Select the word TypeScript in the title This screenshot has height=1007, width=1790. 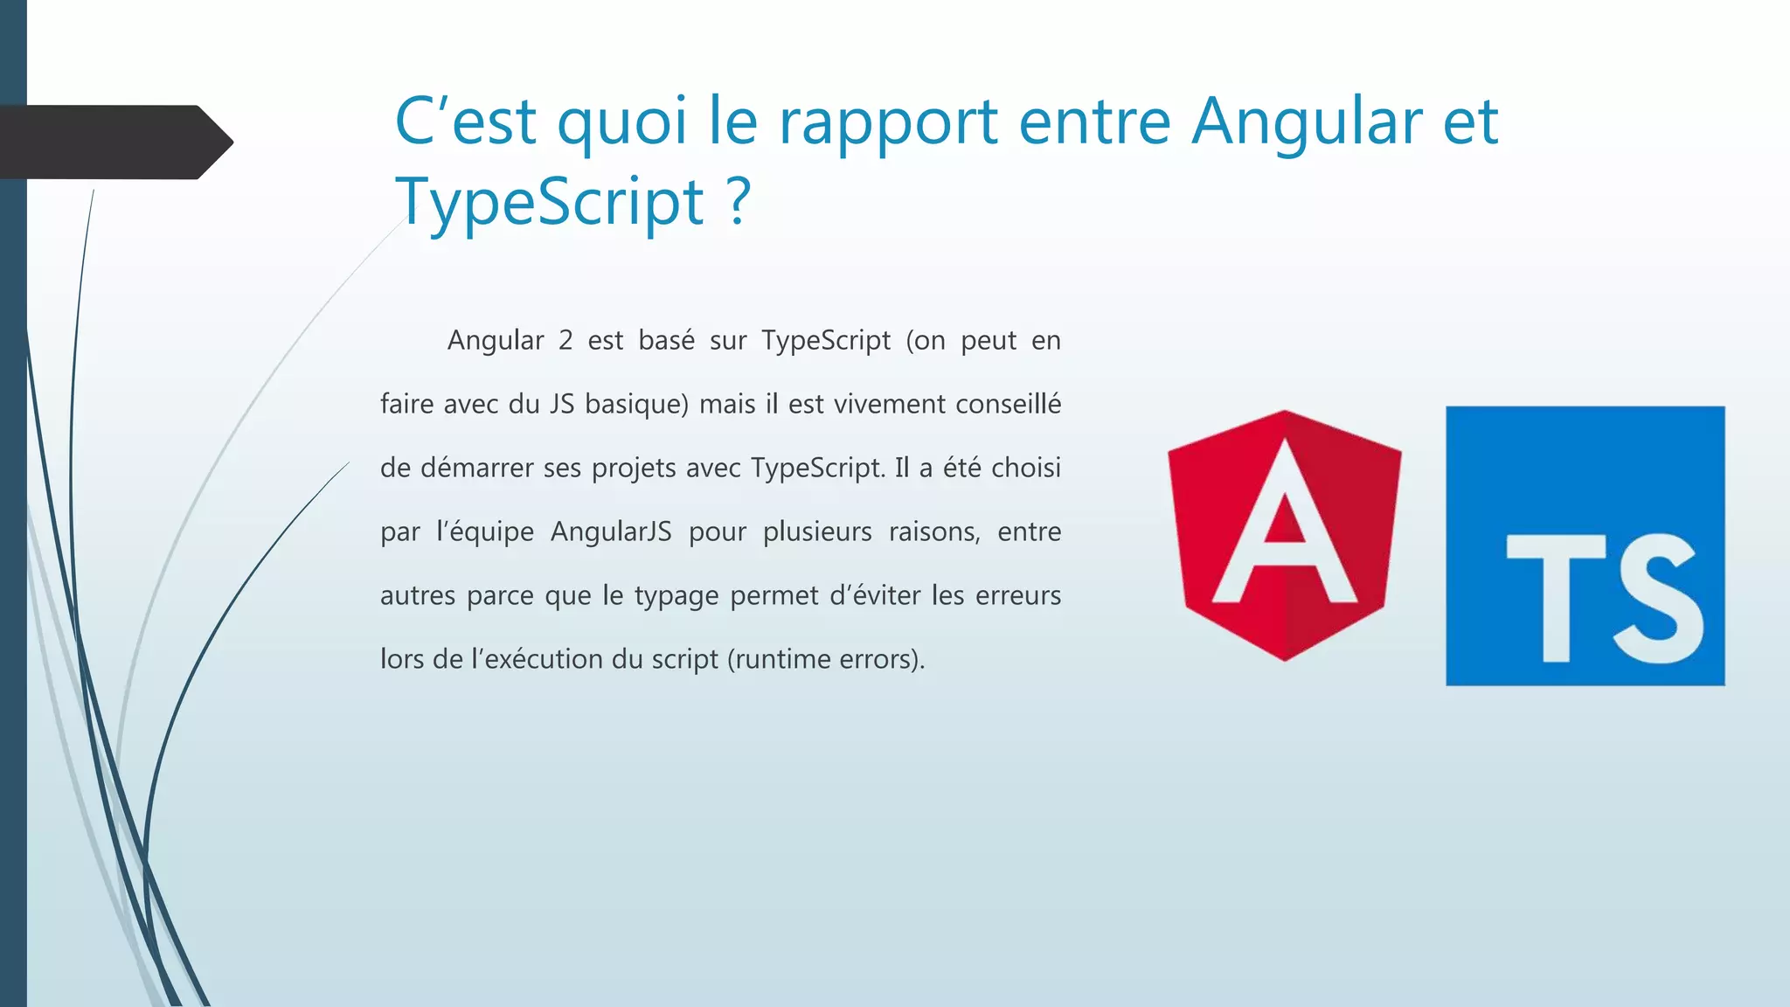[549, 202]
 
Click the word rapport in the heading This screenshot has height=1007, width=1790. [888, 122]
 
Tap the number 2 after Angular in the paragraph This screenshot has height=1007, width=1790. [565, 340]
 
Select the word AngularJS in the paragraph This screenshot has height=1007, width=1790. [611, 531]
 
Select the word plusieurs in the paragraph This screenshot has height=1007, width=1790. [817, 531]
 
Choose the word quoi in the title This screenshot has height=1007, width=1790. [621, 122]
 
